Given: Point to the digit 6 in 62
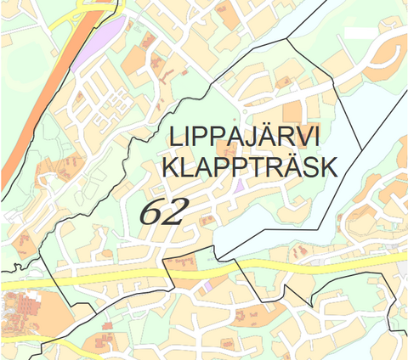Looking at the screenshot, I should click(150, 212).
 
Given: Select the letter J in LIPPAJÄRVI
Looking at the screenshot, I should click(255, 138).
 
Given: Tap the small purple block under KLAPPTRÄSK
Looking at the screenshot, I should click(241, 184).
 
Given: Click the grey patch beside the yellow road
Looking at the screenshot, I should click(402, 270).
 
